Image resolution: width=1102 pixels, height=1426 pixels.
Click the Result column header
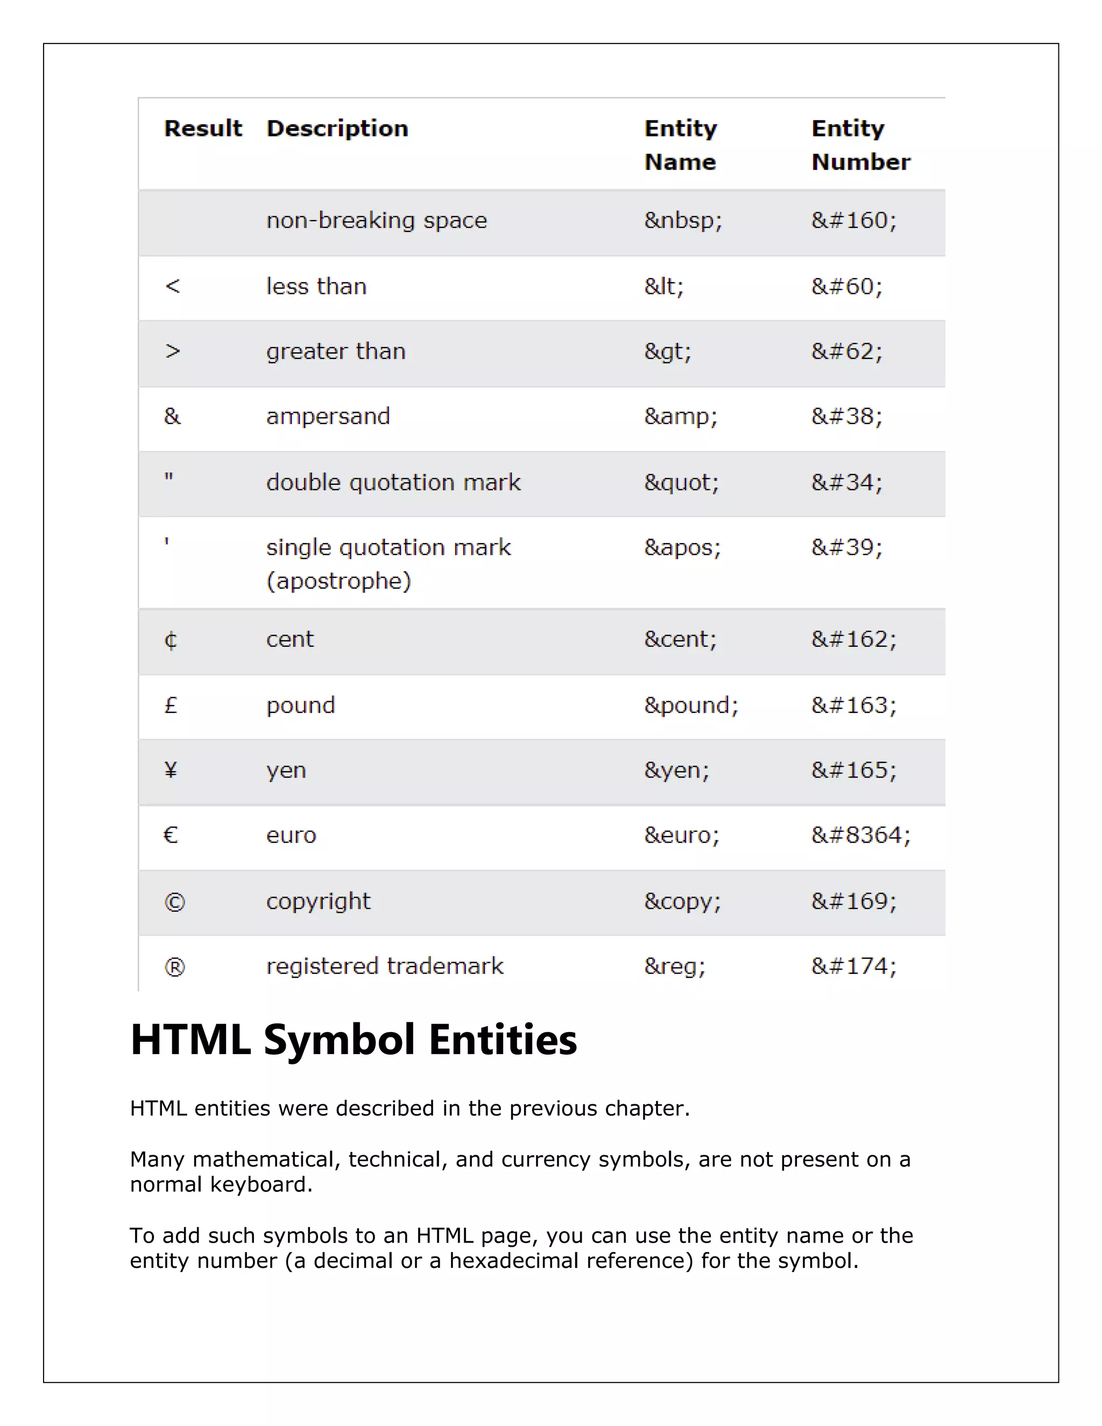click(202, 128)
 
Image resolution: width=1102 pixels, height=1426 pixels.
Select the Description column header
click(337, 128)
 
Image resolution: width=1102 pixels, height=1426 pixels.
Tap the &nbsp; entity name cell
click(682, 221)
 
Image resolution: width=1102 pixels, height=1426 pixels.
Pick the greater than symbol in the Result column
click(172, 351)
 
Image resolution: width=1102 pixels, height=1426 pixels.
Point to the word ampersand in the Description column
click(328, 416)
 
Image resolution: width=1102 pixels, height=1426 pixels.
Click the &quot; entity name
click(681, 483)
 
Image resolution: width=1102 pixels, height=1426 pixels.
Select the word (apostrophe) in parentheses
click(338, 581)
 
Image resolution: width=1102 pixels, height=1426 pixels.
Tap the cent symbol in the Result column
click(171, 640)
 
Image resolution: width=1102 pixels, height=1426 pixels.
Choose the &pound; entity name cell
click(691, 705)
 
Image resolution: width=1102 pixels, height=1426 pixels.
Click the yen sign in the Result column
click(171, 771)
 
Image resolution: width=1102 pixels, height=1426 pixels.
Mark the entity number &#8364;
click(860, 835)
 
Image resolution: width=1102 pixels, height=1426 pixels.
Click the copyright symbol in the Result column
click(174, 902)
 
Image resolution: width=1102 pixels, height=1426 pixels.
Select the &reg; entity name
click(674, 966)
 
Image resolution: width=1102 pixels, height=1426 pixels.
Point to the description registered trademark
click(385, 966)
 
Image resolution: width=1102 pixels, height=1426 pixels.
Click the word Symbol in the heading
click(339, 1040)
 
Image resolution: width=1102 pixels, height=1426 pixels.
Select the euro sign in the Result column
click(171, 835)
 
